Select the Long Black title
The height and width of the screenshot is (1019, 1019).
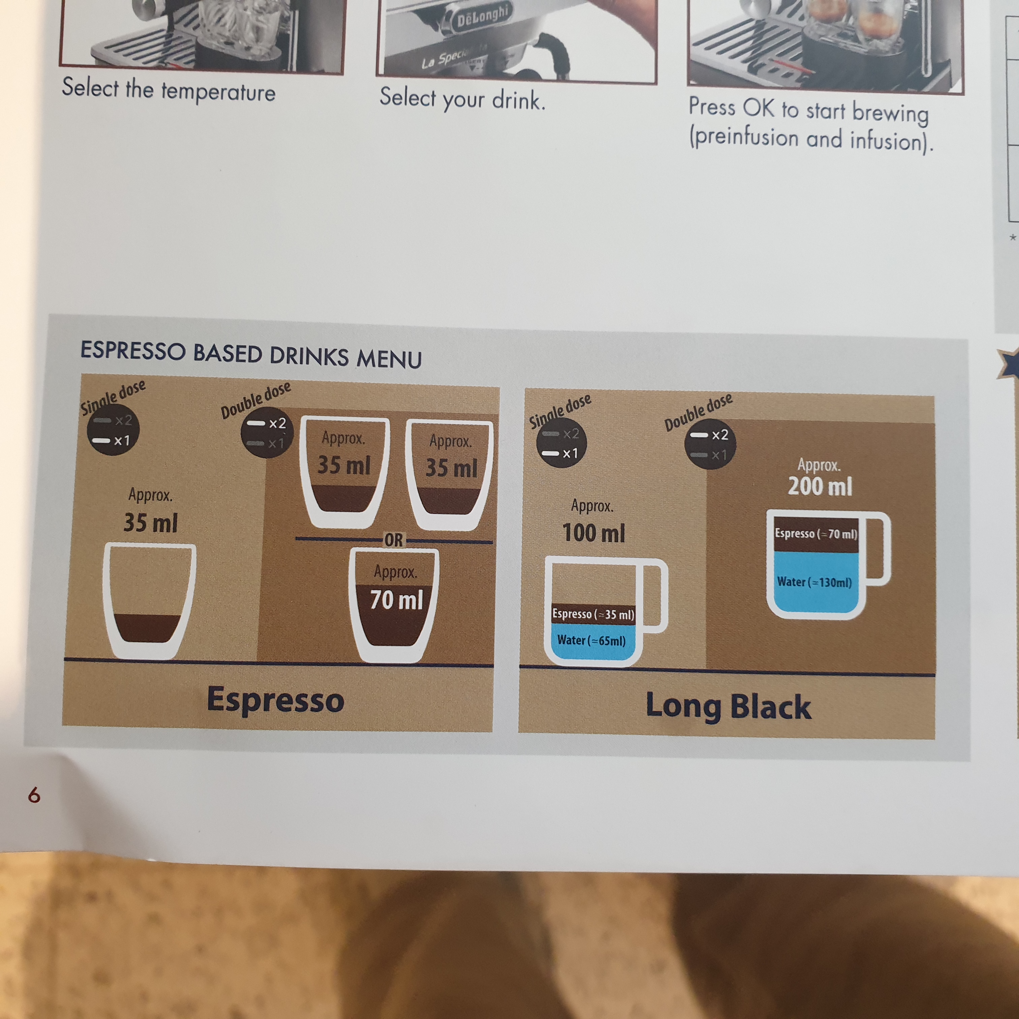(x=729, y=707)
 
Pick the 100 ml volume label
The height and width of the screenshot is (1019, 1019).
(x=594, y=533)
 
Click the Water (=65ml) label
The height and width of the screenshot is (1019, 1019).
(x=591, y=640)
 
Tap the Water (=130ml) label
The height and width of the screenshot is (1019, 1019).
(x=814, y=582)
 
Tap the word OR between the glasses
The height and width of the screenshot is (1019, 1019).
(x=394, y=540)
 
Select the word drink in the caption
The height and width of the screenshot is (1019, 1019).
(x=518, y=100)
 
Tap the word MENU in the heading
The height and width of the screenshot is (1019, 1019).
(x=389, y=359)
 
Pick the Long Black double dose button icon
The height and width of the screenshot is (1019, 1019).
(x=710, y=444)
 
